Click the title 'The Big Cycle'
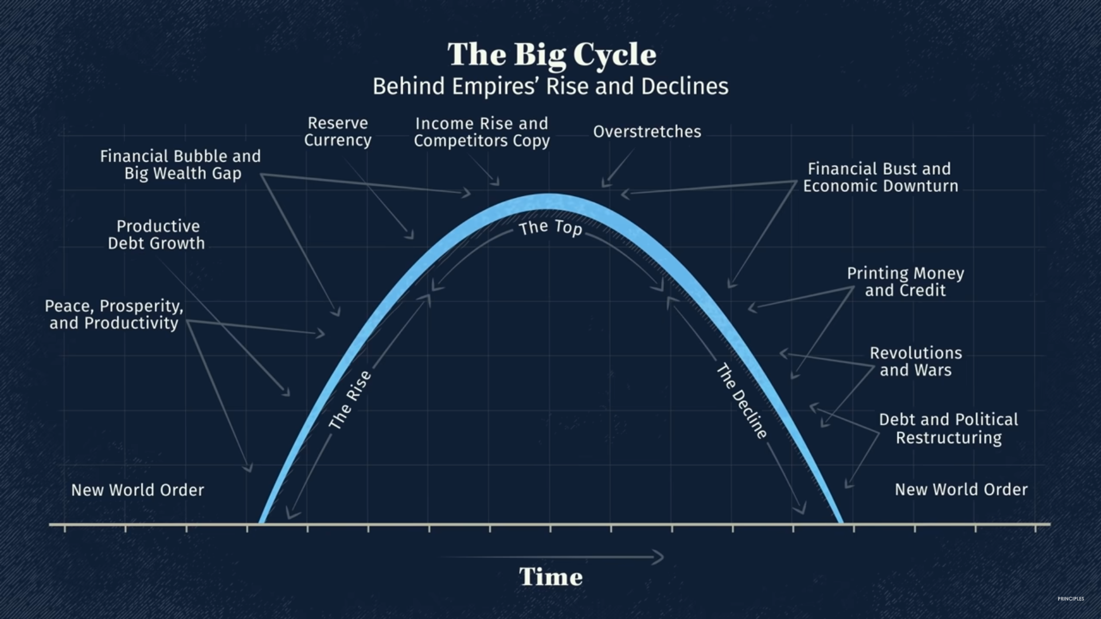pyautogui.click(x=552, y=55)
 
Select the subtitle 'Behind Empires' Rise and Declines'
pyautogui.click(x=550, y=87)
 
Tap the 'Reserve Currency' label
pyautogui.click(x=338, y=132)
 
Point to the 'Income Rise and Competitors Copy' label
pyautogui.click(x=482, y=132)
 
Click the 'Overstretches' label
pyautogui.click(x=647, y=132)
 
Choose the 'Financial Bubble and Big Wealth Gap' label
pyautogui.click(x=181, y=165)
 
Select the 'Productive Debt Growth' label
pyautogui.click(x=157, y=234)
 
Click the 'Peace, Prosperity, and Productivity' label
pyautogui.click(x=114, y=315)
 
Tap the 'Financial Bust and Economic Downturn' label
pyautogui.click(x=880, y=177)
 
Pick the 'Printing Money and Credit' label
pyautogui.click(x=905, y=281)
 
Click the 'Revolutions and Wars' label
pyautogui.click(x=916, y=362)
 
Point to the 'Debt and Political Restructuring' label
pyautogui.click(x=948, y=429)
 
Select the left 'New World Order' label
pyautogui.click(x=138, y=490)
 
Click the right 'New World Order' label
pyautogui.click(x=961, y=489)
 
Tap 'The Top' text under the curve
pyautogui.click(x=550, y=228)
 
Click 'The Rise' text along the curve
pyautogui.click(x=350, y=400)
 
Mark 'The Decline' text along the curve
pyautogui.click(x=741, y=401)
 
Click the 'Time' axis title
pyautogui.click(x=551, y=577)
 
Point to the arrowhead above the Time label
pyautogui.click(x=659, y=557)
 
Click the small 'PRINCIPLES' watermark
pyautogui.click(x=1071, y=599)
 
